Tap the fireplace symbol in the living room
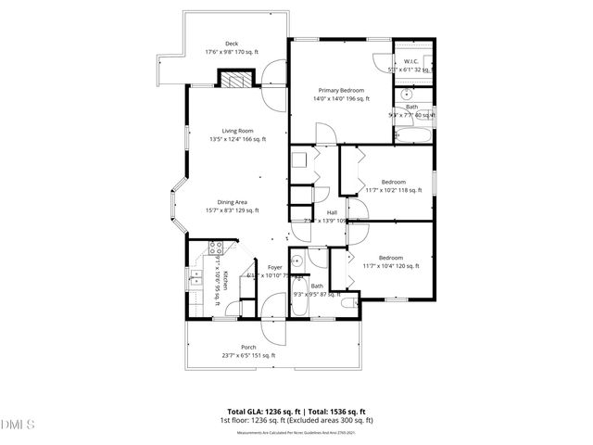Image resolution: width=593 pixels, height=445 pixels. [x=236, y=81]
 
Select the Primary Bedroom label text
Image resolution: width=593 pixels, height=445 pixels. [x=338, y=90]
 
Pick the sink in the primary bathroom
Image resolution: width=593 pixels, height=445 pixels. [x=405, y=95]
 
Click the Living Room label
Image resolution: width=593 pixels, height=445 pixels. [x=237, y=131]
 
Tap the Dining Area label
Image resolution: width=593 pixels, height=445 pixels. [x=232, y=202]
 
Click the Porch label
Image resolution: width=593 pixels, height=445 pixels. [x=248, y=348]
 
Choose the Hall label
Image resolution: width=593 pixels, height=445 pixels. [x=331, y=212]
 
